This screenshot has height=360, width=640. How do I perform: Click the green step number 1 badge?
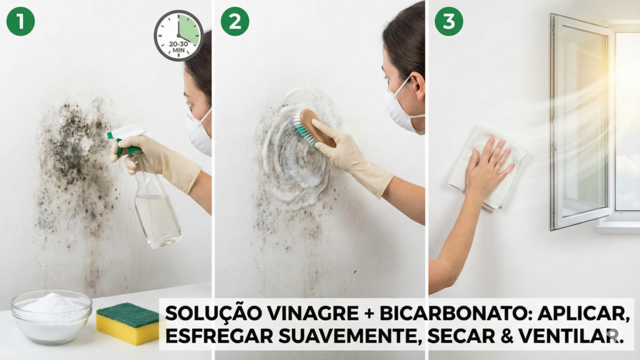pos(20,21)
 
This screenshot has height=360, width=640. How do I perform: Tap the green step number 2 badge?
pos(234,21)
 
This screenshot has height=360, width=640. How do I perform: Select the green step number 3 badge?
pos(449,21)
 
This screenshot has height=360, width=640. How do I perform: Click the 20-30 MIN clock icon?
pos(179,36)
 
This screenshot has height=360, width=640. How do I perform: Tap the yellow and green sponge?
pos(127,323)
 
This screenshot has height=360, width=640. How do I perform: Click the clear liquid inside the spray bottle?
pos(156,219)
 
